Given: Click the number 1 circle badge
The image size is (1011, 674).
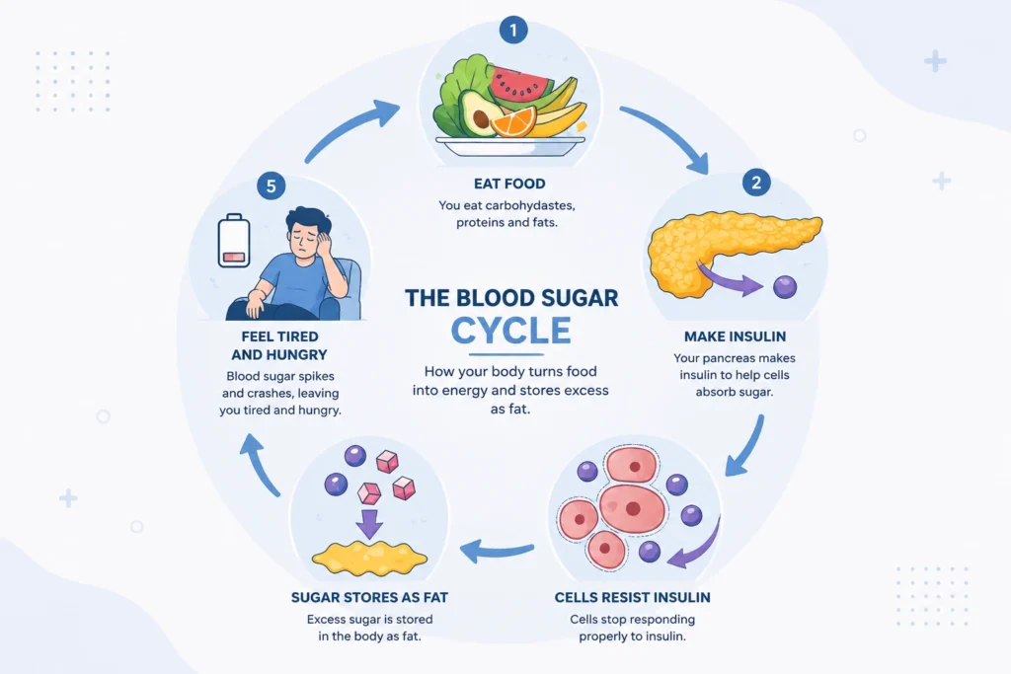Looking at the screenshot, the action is (513, 31).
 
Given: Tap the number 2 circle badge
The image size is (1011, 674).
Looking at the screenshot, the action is (756, 183).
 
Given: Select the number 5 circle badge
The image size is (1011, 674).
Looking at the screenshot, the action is (271, 187).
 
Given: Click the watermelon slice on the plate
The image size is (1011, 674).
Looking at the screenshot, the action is (519, 84).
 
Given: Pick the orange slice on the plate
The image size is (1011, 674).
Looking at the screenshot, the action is (513, 122).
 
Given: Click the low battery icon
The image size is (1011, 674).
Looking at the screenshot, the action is (233, 241).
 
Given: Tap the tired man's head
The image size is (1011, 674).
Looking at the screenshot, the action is (308, 231).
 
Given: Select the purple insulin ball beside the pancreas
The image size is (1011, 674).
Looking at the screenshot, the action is (785, 287).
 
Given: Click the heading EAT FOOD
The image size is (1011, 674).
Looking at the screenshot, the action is (509, 184).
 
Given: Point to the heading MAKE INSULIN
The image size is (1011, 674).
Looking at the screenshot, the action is (735, 337).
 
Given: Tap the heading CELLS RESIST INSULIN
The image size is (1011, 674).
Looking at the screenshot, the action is (633, 597).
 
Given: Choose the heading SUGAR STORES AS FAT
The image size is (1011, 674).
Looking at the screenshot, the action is (369, 597).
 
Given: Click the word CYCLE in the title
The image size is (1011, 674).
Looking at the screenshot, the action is (510, 332).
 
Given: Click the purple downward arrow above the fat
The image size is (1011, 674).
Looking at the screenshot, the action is (369, 523).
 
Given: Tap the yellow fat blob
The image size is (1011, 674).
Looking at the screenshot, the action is (369, 558).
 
